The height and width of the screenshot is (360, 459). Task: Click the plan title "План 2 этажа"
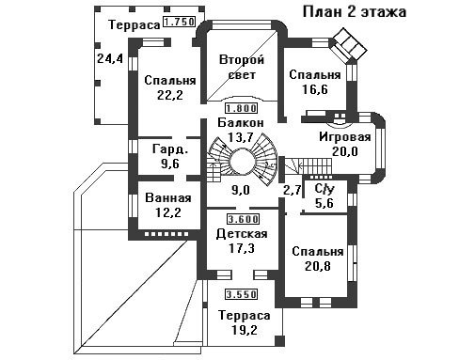tap(355, 12)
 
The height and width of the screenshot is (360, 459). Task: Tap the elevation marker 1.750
tap(180, 22)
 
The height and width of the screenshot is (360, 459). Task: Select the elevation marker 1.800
tap(241, 108)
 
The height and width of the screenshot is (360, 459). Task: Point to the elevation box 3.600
tap(243, 219)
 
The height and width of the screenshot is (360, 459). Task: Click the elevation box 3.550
tap(242, 294)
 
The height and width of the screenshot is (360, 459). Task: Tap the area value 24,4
tap(110, 58)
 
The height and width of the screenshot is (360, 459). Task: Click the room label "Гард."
tap(170, 149)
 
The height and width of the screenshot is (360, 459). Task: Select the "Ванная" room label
tap(168, 198)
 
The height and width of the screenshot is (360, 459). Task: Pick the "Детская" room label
tap(242, 234)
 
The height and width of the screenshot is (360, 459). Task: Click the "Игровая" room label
tap(345, 137)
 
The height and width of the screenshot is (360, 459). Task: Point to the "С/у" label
tap(324, 189)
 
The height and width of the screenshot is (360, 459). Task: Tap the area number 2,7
tap(293, 190)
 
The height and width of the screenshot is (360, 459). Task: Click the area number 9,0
tap(241, 190)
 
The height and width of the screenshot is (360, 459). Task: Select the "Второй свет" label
tap(242, 67)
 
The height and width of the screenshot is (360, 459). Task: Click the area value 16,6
tap(315, 89)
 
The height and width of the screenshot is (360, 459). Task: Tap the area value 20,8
tap(318, 266)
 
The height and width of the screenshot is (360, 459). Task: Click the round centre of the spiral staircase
tap(243, 162)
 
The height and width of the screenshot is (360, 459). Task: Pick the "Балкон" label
tap(241, 123)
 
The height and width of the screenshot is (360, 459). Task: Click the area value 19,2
tap(244, 330)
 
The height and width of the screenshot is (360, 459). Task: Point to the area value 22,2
tap(170, 95)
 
